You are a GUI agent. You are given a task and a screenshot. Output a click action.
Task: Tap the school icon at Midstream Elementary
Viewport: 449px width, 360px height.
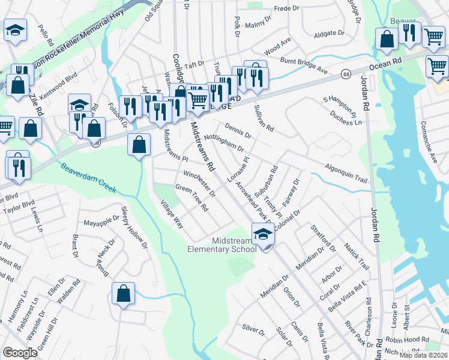263,233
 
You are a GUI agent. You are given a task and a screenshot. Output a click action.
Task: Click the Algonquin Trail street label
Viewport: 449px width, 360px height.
346,170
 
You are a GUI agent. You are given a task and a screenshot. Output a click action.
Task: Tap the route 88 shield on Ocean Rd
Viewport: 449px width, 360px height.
346,74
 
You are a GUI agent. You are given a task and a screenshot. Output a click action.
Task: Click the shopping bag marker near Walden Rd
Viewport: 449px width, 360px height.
123,294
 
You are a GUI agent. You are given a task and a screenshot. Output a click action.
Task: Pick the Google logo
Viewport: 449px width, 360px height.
20,352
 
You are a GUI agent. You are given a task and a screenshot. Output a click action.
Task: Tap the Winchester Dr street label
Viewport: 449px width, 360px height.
199,184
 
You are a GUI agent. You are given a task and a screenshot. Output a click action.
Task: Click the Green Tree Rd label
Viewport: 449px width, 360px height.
191,198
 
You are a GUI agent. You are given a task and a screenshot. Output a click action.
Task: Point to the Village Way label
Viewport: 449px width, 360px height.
171,214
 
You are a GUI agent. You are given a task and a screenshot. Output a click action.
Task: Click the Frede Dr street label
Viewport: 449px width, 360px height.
286,8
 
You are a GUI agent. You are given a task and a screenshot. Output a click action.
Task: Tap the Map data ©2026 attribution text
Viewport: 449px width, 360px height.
424,355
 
